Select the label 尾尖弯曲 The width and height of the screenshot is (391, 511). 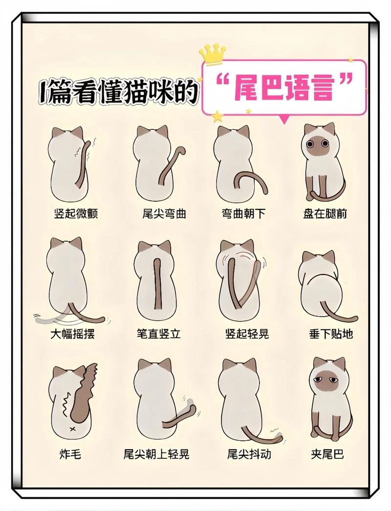click(x=164, y=214)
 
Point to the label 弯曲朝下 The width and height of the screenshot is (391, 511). click(x=243, y=214)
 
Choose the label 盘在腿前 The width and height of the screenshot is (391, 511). click(x=325, y=214)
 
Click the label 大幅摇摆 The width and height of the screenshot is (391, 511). click(x=73, y=334)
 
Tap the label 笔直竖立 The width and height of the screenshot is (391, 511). click(x=159, y=334)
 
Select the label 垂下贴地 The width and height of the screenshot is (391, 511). click(x=331, y=334)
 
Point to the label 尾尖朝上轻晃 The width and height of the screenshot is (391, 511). click(x=156, y=454)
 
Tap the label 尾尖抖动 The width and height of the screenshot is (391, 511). click(x=249, y=454)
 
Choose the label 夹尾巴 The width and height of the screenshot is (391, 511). click(x=327, y=454)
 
